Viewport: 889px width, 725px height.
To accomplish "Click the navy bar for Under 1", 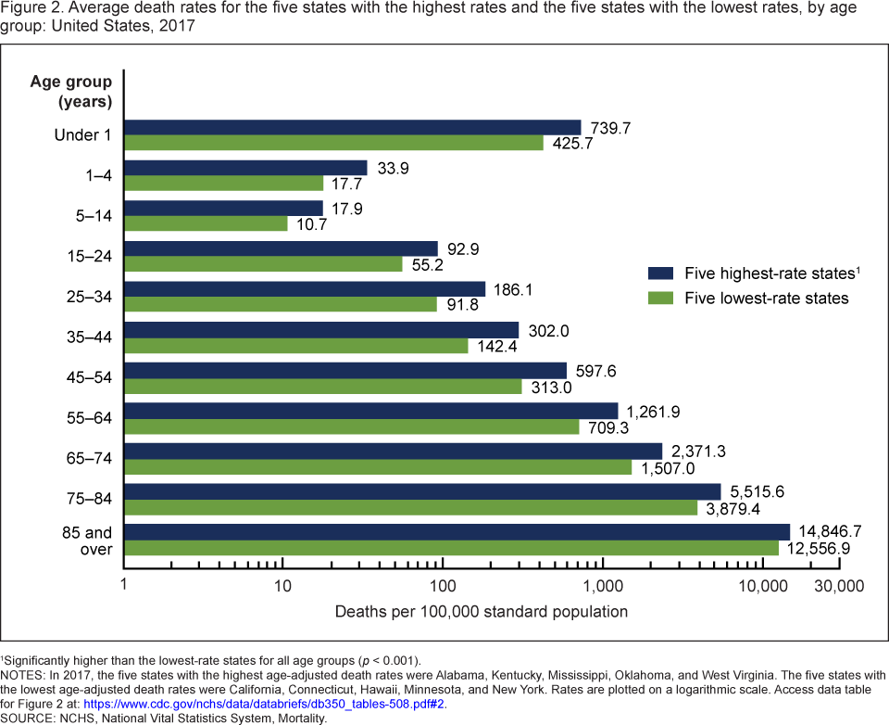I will coord(352,127).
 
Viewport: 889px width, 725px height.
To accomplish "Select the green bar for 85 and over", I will coord(451,549).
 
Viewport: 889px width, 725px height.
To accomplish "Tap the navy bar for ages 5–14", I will coord(223,209).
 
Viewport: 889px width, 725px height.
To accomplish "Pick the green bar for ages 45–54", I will coord(322,387).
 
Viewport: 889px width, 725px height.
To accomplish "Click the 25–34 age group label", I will coord(84,297).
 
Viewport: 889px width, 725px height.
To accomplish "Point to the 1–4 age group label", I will coord(94,175).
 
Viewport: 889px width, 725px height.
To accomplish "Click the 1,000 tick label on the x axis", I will coord(603,586).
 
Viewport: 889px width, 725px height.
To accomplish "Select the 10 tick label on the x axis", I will coord(283,586).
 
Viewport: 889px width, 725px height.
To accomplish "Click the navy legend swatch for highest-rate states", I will coord(660,273).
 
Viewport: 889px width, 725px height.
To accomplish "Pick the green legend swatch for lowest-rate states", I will coord(660,298).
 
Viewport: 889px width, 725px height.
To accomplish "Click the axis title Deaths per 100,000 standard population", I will coord(481,612).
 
